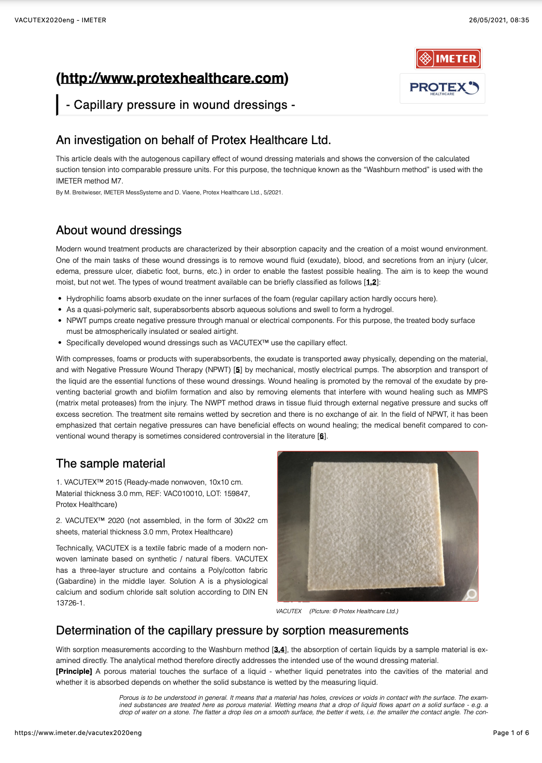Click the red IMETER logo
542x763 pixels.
coord(448,59)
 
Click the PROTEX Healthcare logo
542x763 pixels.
coord(443,88)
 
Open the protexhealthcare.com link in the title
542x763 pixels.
coord(172,78)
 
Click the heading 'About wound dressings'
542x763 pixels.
coord(119,230)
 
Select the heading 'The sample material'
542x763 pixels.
coord(110,463)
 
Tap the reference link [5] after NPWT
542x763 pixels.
coord(238,370)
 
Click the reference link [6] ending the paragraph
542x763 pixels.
coord(322,436)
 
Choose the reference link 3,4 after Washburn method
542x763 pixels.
coord(279,649)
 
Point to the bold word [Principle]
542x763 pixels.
coord(74,671)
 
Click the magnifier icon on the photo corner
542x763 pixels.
coord(472,594)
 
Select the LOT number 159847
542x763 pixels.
coord(237,493)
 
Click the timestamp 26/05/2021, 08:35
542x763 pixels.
coord(499,20)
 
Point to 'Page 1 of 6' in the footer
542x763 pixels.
coord(511,733)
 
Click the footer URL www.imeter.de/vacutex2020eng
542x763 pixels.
coord(78,733)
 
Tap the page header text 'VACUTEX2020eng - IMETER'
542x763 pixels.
coord(61,20)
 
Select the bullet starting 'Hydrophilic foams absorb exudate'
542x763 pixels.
coord(251,299)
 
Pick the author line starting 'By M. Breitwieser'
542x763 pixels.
coord(169,192)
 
